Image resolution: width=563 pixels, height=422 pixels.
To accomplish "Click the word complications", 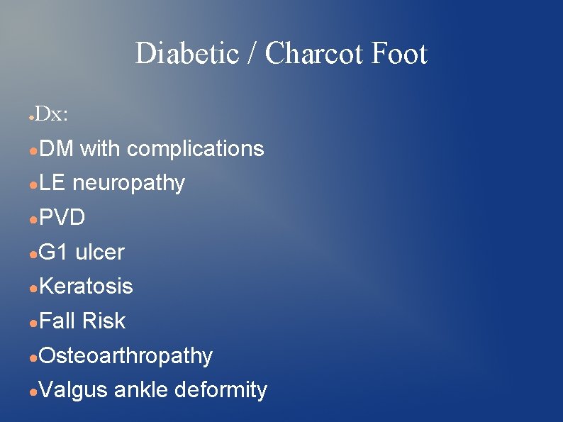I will [195, 149].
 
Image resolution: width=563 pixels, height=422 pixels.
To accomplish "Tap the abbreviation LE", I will [52, 183].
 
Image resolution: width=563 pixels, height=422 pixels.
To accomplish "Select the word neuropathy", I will [128, 184].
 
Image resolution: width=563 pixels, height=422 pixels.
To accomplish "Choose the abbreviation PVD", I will [62, 218].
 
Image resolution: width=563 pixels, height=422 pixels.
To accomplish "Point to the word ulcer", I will [100, 252].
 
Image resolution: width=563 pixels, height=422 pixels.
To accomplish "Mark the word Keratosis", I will [86, 287].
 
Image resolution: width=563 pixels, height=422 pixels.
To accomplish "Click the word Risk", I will [104, 321].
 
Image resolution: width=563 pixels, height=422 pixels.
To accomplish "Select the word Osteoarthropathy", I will [126, 355].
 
